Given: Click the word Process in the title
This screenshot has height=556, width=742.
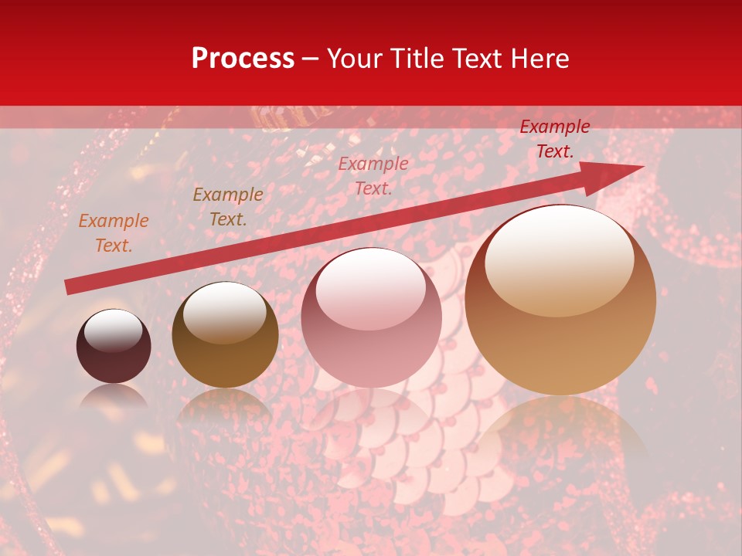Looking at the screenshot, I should [243, 59].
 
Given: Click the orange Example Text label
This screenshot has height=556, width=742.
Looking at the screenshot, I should [113, 233].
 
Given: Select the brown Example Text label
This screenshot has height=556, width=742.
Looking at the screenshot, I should [227, 207].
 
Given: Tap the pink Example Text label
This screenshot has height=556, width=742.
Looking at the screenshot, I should [373, 175].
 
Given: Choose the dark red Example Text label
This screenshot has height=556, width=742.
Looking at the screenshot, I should [554, 139].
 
